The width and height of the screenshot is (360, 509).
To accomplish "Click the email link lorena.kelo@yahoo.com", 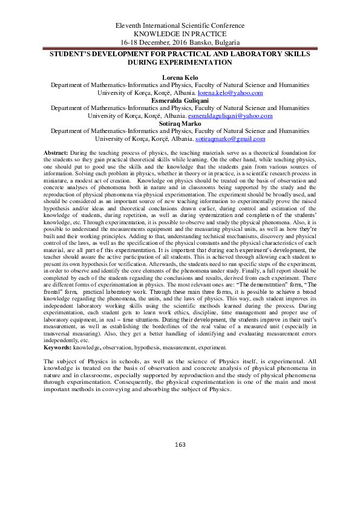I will click(232, 93).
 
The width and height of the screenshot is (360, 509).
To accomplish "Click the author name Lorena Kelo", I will click(180, 78).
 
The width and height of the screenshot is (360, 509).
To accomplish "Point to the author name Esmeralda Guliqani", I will click(180, 100).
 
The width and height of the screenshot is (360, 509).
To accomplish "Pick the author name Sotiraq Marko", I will click(180, 123).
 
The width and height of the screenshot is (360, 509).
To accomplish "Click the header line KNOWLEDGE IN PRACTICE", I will click(180, 34).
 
